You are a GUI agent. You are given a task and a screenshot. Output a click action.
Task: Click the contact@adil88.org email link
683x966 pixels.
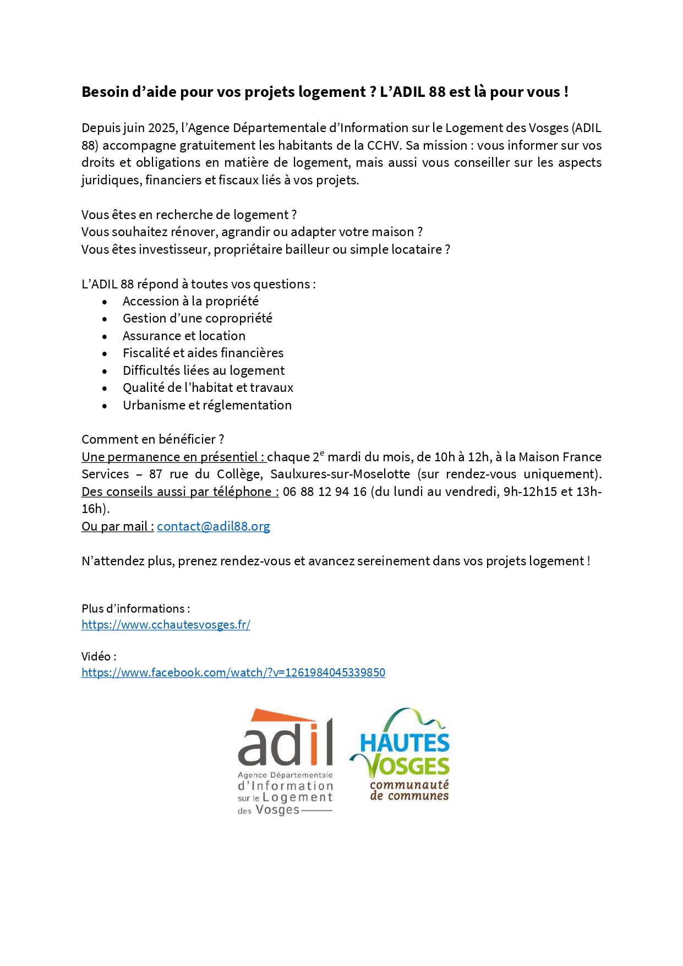click(214, 526)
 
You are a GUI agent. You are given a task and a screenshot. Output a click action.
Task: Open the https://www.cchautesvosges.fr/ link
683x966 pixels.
click(166, 625)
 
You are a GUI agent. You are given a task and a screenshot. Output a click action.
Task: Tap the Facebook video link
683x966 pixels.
click(233, 673)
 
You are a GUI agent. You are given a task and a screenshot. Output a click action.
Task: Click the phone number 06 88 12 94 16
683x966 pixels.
click(325, 492)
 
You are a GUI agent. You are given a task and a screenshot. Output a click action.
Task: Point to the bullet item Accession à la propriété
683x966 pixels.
click(190, 301)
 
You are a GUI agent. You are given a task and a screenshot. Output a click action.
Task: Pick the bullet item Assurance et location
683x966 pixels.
click(184, 336)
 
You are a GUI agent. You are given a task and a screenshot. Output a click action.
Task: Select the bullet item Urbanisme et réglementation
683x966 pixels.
click(207, 405)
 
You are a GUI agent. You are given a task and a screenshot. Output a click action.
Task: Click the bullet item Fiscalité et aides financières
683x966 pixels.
click(203, 353)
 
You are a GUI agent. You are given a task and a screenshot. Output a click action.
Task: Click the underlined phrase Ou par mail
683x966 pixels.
click(117, 526)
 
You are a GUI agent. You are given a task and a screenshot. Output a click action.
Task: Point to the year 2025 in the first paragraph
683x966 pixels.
click(162, 128)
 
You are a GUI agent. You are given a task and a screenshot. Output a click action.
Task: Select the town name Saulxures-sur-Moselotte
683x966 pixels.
click(340, 474)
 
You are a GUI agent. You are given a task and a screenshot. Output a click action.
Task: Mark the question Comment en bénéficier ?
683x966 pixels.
click(152, 439)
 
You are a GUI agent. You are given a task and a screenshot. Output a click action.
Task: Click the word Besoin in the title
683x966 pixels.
click(105, 92)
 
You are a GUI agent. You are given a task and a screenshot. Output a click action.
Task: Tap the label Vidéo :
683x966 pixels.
click(99, 656)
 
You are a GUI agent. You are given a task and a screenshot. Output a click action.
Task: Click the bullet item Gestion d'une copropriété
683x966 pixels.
click(197, 318)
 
